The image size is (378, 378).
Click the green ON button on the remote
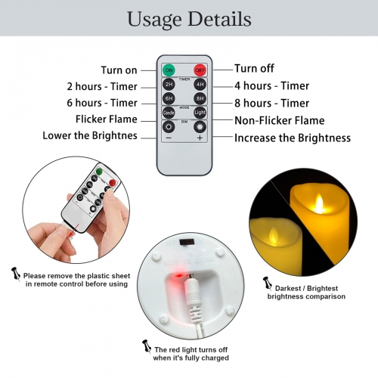(x=169, y=70)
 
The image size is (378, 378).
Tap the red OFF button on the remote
(x=200, y=70)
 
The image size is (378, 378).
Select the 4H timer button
(x=200, y=85)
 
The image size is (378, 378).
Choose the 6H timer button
(x=169, y=98)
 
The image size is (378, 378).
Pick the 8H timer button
(x=200, y=98)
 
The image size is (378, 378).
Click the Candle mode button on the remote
(x=169, y=113)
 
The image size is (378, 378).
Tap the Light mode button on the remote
(x=200, y=113)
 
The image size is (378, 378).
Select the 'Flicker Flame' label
(x=106, y=119)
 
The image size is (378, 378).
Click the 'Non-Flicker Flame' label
(x=279, y=120)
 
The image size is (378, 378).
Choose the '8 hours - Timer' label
(x=271, y=103)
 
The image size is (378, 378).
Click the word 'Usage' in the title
(x=155, y=18)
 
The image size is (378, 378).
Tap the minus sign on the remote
(x=169, y=138)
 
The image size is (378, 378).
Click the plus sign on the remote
(x=200, y=138)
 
